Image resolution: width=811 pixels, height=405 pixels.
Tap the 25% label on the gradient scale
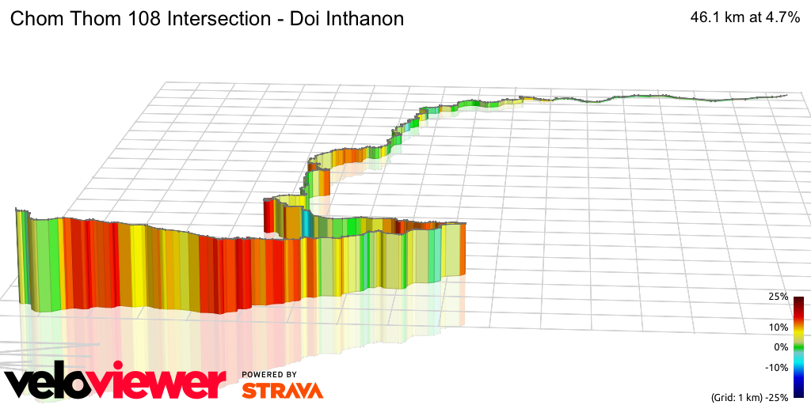[778, 297]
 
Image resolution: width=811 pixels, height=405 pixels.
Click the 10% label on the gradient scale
[778, 327]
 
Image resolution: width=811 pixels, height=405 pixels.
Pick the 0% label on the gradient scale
[780, 347]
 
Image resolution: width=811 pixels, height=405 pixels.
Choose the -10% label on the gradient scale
[776, 367]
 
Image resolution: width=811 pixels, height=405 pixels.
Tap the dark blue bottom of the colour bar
[798, 392]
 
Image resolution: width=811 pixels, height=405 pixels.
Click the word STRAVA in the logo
[282, 391]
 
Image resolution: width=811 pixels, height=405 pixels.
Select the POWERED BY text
[269, 375]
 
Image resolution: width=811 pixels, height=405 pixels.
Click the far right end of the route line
[786, 96]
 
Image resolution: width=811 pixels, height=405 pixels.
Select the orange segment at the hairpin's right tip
[326, 184]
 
